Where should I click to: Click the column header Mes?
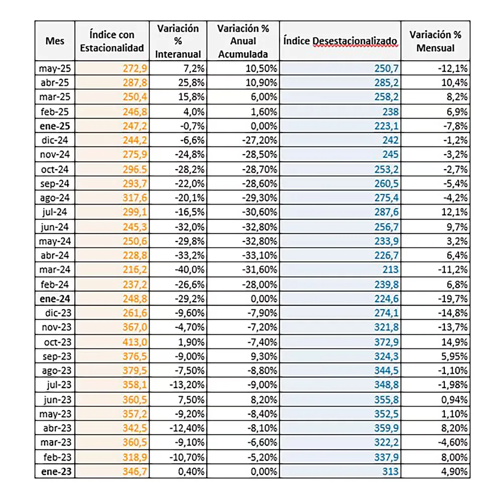pos(55,41)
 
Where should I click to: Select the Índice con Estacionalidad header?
pos(111,41)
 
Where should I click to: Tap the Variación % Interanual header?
pos(178,41)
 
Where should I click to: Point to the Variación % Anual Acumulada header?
pos(243,41)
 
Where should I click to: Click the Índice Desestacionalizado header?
pos(340,41)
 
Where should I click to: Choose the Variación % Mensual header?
pos(435,41)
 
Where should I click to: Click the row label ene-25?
pos(55,125)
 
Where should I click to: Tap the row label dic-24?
pos(55,140)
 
